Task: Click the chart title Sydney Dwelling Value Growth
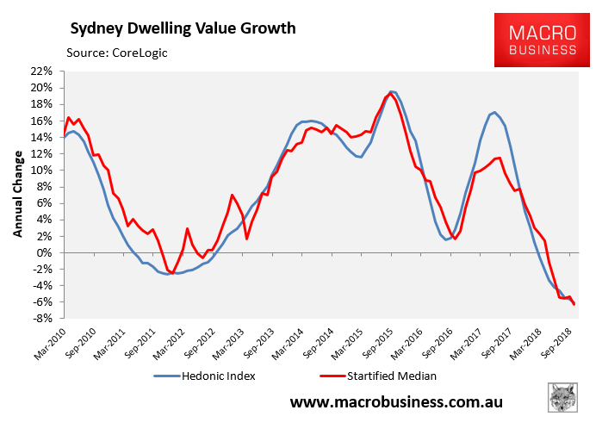[x=182, y=28]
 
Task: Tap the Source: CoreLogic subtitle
[x=117, y=53]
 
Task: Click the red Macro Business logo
[x=542, y=40]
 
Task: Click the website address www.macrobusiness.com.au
[x=396, y=402]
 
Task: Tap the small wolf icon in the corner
[x=562, y=398]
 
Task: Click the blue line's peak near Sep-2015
[x=391, y=91]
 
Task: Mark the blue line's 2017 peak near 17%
[x=493, y=112]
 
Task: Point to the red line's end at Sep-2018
[x=574, y=304]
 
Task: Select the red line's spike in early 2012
[x=187, y=228]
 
